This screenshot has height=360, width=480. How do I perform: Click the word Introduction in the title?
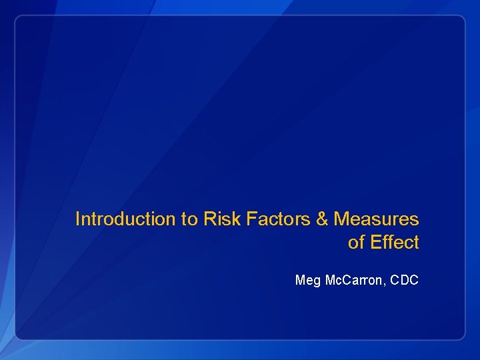pyautogui.click(x=125, y=219)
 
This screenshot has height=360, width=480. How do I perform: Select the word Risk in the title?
pyautogui.click(x=220, y=219)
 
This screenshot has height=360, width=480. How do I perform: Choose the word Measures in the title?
pyautogui.click(x=376, y=219)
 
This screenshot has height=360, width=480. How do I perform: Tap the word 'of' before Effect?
pyautogui.click(x=357, y=243)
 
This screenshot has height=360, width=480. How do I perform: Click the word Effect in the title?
pyautogui.click(x=395, y=243)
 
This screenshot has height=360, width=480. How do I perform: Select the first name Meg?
pyautogui.click(x=308, y=281)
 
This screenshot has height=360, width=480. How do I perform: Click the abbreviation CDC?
pyautogui.click(x=404, y=281)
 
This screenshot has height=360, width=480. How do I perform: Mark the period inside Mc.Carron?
pyautogui.click(x=339, y=284)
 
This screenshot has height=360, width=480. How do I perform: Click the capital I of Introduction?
pyautogui.click(x=77, y=219)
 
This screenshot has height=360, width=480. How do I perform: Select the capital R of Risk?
pyautogui.click(x=209, y=219)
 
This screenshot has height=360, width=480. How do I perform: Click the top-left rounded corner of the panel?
pyautogui.click(x=19, y=19)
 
